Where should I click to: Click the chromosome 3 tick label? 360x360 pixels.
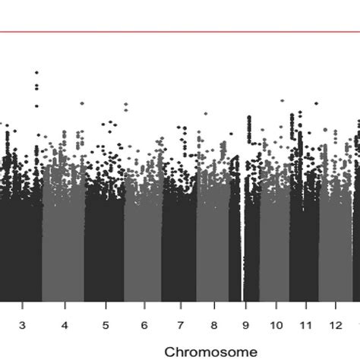click(x=22, y=324)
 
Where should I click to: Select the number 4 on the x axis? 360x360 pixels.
click(x=65, y=324)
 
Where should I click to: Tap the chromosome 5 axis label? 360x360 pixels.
click(x=105, y=324)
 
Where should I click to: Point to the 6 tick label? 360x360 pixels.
click(x=143, y=324)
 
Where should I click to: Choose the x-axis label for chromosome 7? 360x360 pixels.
click(x=180, y=324)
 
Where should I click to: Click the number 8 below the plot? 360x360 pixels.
click(x=215, y=324)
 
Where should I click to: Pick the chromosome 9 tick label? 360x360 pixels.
click(x=245, y=324)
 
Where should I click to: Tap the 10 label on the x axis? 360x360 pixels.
click(x=273, y=324)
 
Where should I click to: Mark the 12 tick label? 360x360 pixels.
click(x=334, y=324)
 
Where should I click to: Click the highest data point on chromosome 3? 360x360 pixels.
click(x=36, y=72)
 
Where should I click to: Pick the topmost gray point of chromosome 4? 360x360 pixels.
click(x=81, y=103)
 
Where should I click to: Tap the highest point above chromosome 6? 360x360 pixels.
click(x=126, y=103)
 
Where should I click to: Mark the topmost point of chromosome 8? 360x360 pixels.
click(x=205, y=114)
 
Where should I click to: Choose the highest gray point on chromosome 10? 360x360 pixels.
click(x=282, y=99)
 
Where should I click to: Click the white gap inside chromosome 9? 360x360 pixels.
click(x=242, y=251)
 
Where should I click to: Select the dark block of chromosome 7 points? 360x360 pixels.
click(x=179, y=243)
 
